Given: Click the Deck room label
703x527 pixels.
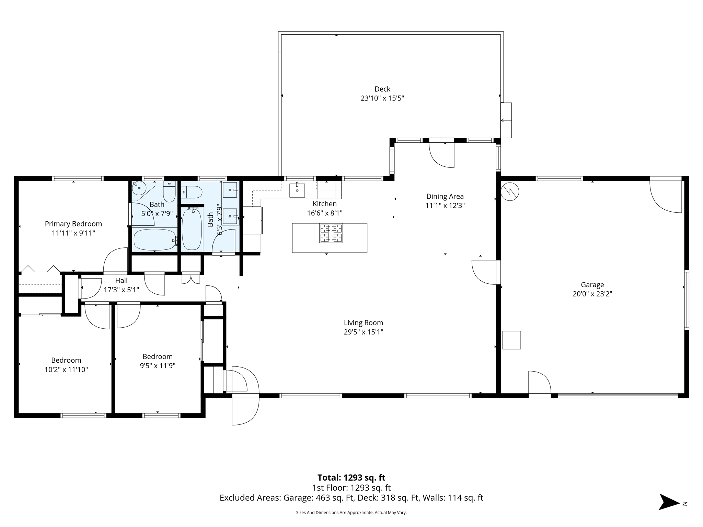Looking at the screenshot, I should [382, 89].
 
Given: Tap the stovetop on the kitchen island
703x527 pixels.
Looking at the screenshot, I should [331, 233].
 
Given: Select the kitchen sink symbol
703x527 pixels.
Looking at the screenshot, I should [297, 190].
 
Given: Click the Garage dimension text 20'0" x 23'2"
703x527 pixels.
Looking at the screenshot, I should [592, 294].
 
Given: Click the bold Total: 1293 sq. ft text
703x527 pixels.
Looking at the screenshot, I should [351, 478].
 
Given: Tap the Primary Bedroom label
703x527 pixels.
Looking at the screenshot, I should [73, 224].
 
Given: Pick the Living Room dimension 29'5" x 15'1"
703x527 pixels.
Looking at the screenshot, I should [363, 332].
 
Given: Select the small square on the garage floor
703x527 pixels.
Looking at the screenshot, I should [511, 340].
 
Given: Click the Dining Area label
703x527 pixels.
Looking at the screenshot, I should [445, 197].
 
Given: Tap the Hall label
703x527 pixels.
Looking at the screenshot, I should [121, 281].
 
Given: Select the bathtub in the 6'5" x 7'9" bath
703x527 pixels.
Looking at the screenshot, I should [192, 229].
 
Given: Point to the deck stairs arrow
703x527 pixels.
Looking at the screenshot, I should [505, 120].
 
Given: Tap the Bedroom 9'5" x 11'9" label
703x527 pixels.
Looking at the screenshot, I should [158, 356].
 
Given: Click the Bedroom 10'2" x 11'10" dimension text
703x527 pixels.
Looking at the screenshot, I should [66, 370].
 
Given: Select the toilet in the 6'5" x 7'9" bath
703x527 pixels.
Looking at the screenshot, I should [192, 192].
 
